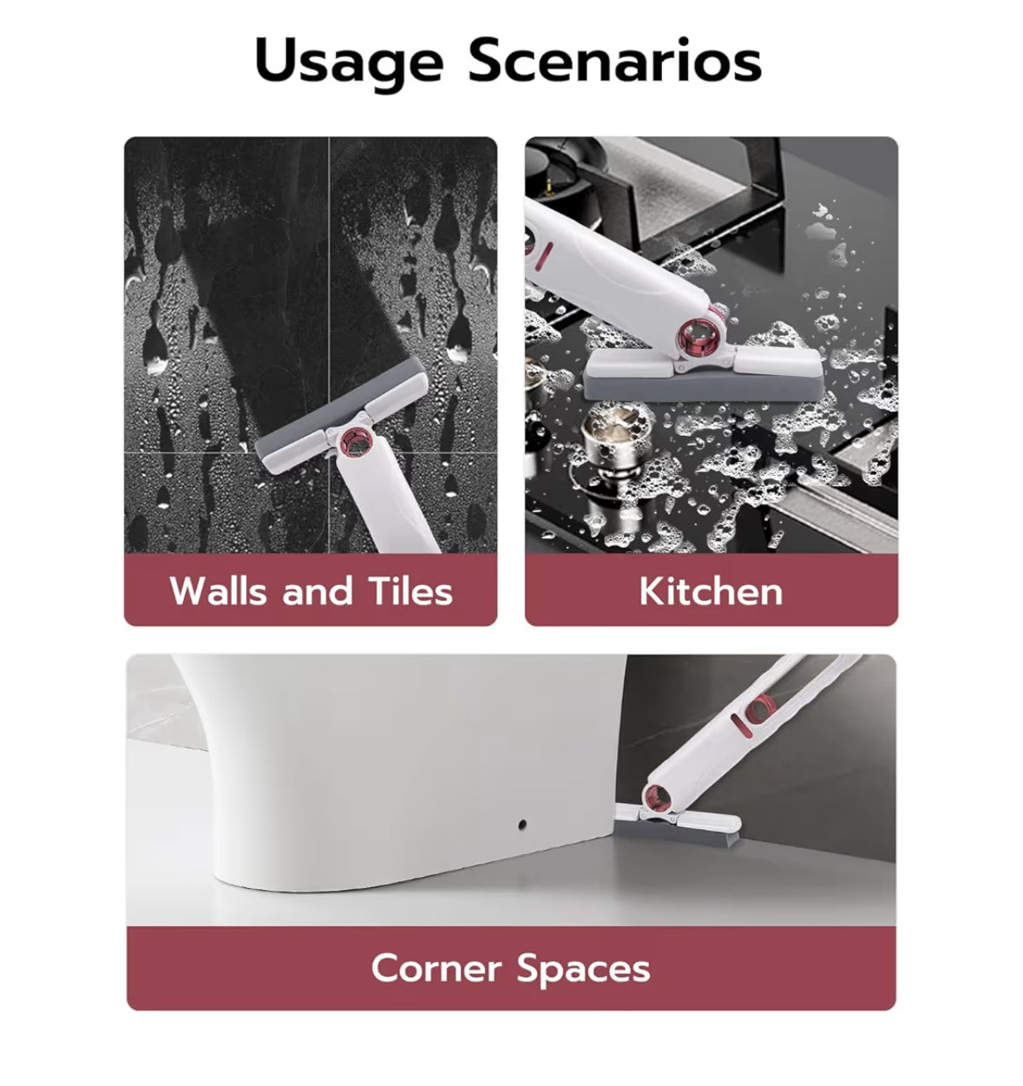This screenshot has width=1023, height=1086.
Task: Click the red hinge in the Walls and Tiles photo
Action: pos(357,442)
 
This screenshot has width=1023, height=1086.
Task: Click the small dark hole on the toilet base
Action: pos(522,824)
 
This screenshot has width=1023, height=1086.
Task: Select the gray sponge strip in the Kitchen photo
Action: pos(704,386)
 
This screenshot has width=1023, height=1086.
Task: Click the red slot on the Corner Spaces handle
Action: pos(741,726)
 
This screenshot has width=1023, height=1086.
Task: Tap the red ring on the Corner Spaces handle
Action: pos(760,709)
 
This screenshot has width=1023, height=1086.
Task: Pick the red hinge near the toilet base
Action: pos(657,799)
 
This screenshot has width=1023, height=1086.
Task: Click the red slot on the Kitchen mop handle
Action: pos(544,256)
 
